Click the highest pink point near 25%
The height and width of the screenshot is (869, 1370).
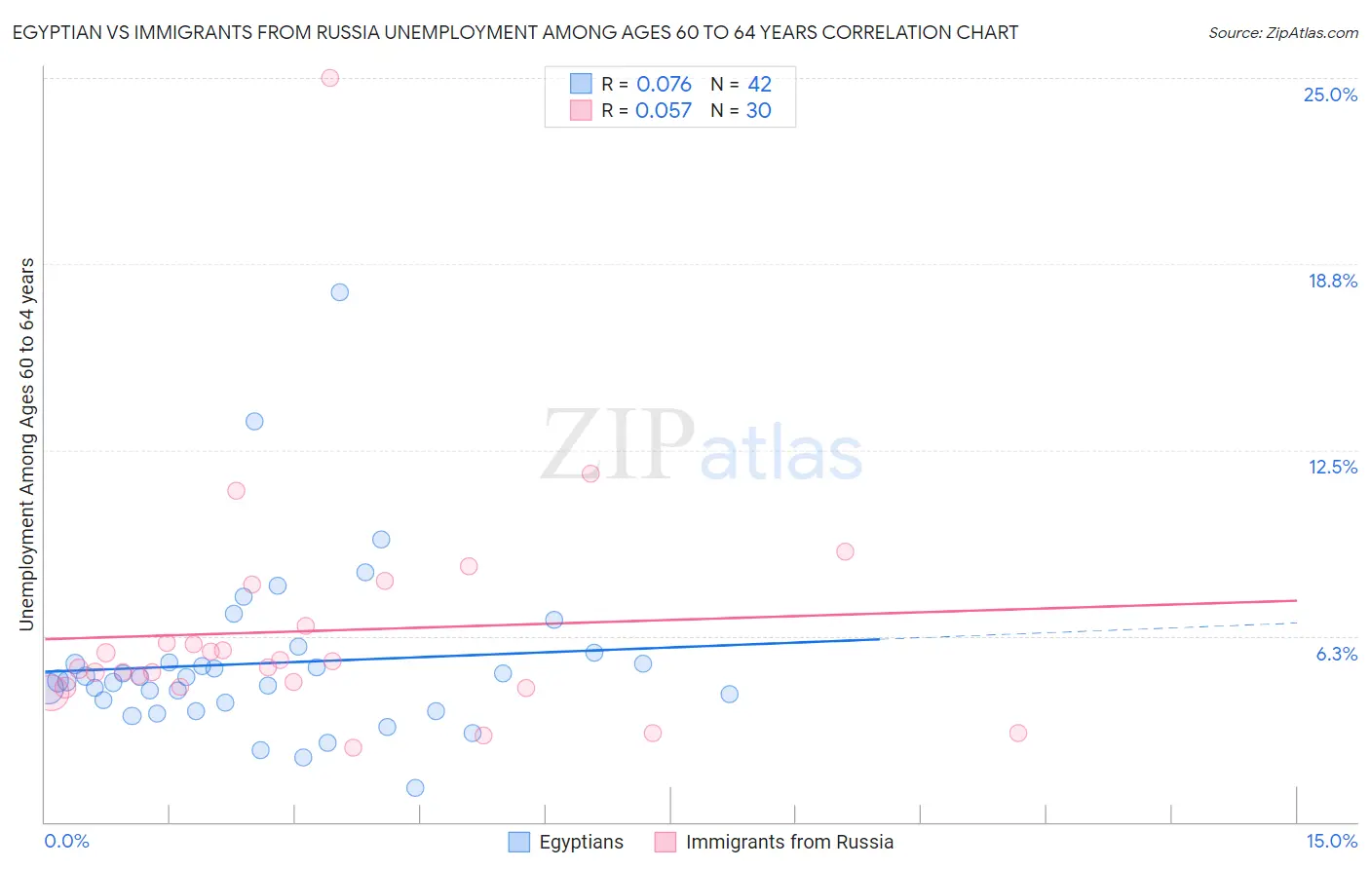[329, 78]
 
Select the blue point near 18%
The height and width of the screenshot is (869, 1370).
[339, 292]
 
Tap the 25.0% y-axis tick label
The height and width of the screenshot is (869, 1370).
[1330, 94]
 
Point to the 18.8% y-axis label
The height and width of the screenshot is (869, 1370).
[1332, 281]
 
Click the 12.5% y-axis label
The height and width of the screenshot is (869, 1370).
[1332, 467]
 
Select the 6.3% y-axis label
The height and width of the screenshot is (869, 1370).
[1336, 654]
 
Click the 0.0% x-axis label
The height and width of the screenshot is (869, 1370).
[66, 842]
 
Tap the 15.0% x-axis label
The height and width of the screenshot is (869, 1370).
[1331, 842]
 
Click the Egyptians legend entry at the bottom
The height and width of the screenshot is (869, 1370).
[581, 842]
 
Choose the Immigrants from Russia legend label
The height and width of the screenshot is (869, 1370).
[789, 842]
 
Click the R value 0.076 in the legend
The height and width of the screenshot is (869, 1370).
[664, 85]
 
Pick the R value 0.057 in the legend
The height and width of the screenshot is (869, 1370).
[663, 111]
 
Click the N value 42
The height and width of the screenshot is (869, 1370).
[759, 85]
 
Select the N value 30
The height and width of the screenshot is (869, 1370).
[758, 111]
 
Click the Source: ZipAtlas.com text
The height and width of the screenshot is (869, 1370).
[1282, 33]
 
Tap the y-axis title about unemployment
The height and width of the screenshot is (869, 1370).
[27, 444]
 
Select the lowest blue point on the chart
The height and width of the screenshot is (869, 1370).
[415, 788]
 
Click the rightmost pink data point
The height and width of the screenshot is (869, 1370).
[1018, 733]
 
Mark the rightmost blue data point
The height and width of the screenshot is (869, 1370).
[729, 695]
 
